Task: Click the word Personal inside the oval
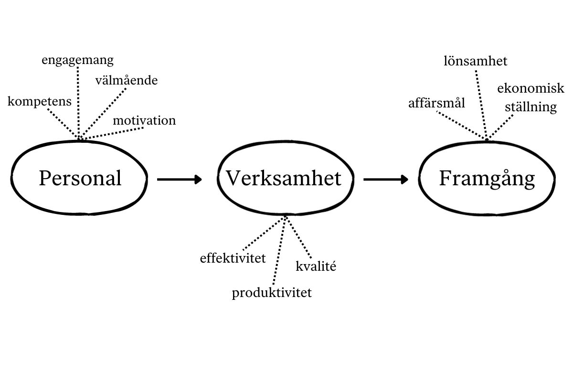coord(80,179)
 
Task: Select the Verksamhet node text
coord(284,179)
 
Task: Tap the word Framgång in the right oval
coord(487,179)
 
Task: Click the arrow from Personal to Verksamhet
coord(179,180)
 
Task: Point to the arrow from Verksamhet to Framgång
coord(385,180)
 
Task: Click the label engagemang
coord(77,60)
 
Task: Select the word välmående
coord(126,80)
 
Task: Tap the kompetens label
coord(40,101)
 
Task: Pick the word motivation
coord(144,120)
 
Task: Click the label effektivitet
coord(233,258)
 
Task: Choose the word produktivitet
coord(272,292)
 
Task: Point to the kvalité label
coord(316,266)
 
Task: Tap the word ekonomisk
coord(531,88)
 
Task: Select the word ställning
coord(531,106)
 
